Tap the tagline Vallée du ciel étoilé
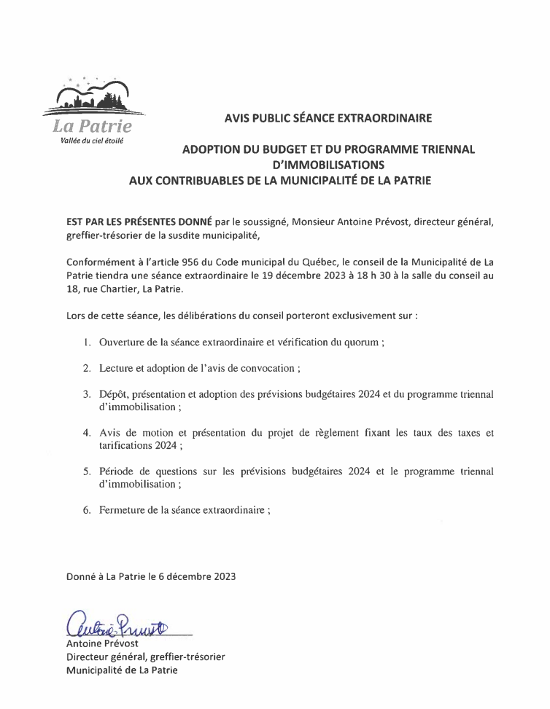[x=92, y=141]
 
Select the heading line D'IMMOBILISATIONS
[x=328, y=165]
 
